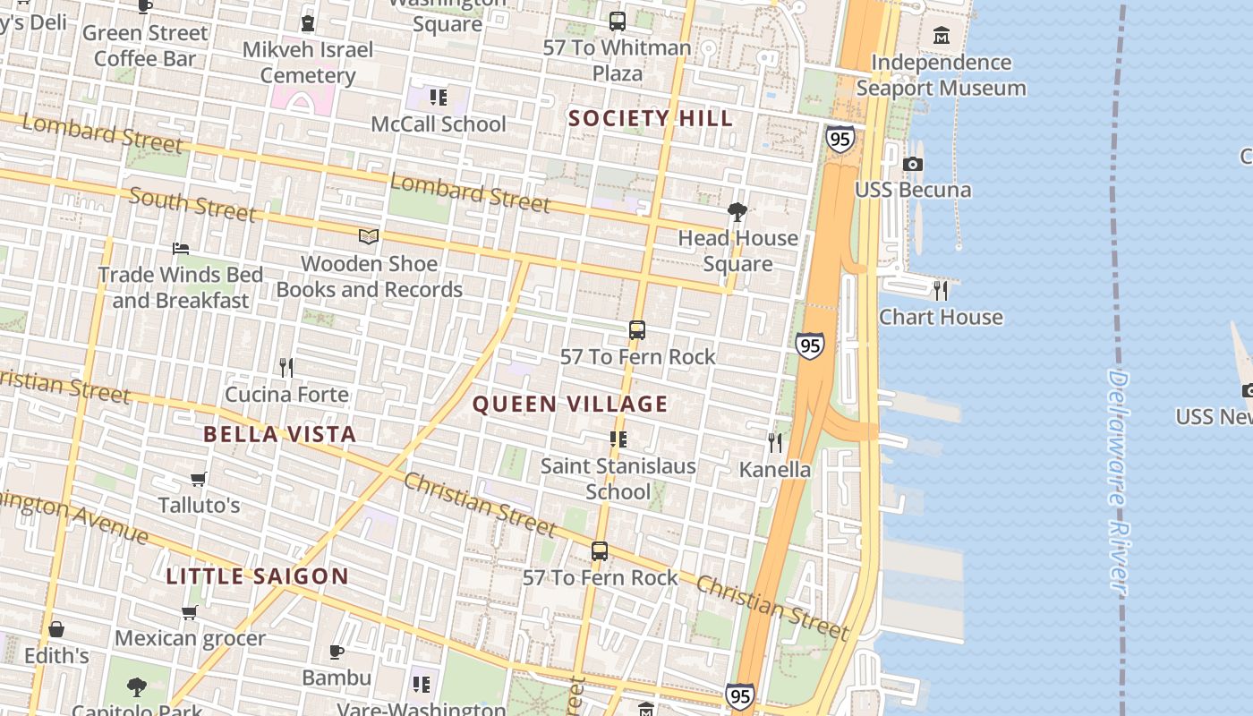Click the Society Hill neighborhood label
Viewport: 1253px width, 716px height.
click(x=651, y=118)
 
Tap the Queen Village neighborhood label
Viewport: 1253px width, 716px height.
click(x=570, y=404)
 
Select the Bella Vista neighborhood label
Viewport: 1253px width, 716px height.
click(x=279, y=434)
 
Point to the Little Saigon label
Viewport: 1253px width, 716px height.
click(x=257, y=575)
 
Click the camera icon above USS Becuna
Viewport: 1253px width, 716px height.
click(x=912, y=164)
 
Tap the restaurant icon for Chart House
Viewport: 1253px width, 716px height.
click(x=940, y=290)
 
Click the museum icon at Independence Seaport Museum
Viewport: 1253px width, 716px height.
click(x=941, y=36)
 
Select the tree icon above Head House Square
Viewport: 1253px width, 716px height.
click(x=737, y=212)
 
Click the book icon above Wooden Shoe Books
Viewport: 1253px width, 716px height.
click(x=369, y=236)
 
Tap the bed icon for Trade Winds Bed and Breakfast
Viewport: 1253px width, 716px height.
click(x=181, y=248)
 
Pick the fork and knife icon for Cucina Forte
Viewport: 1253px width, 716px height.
click(x=286, y=367)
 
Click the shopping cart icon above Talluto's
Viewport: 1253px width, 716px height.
click(x=199, y=480)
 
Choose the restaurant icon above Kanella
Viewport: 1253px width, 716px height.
click(x=775, y=442)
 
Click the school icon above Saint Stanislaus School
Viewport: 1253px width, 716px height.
click(x=618, y=439)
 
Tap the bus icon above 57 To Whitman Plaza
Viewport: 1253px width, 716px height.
click(x=617, y=21)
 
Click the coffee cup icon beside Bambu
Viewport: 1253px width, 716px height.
click(x=337, y=652)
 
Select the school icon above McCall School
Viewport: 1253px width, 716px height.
click(x=438, y=97)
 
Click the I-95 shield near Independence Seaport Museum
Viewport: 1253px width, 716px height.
click(x=839, y=139)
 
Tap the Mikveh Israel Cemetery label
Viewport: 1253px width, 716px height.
click(x=307, y=62)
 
